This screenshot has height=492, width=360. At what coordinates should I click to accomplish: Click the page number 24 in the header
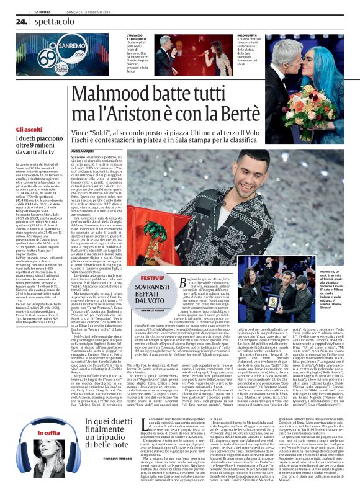[20, 20]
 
